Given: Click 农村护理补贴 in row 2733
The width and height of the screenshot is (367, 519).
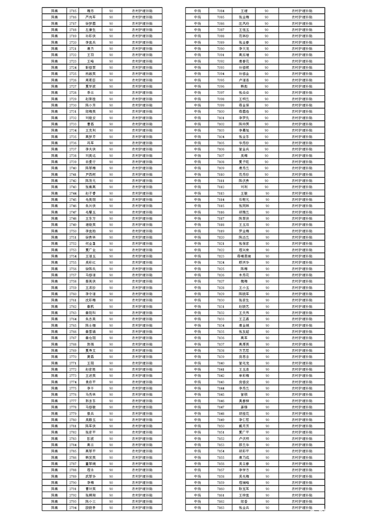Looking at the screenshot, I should point(142,124).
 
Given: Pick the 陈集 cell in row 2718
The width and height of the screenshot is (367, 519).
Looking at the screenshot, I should point(55,29).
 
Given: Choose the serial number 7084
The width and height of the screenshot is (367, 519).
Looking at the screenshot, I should point(221,10).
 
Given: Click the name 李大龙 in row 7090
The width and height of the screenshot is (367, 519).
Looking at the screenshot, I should point(244,48).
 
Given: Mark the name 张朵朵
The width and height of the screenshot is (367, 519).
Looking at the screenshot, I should point(244,93).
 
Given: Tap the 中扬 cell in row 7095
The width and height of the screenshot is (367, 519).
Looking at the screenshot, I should point(198,80).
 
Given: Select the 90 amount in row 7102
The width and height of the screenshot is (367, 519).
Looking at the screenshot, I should point(267,124).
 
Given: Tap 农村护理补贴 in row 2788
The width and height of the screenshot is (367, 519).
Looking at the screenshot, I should point(142,470).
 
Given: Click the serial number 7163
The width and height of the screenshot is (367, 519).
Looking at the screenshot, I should point(221,507).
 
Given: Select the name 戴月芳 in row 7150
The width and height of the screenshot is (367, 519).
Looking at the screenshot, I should point(244,426).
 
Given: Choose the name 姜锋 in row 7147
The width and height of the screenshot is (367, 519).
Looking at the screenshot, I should point(244,407).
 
